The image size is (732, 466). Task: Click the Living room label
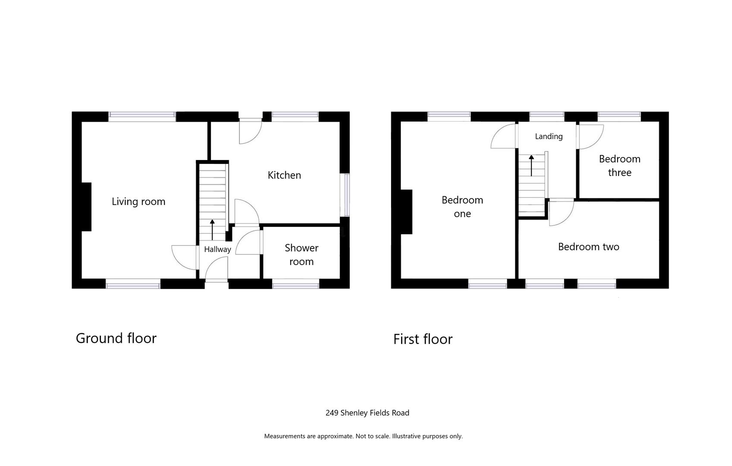click(x=139, y=202)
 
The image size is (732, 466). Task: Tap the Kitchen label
click(x=284, y=175)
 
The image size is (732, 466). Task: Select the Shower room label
click(x=301, y=255)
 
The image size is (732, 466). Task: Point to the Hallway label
click(x=218, y=249)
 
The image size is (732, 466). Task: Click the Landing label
click(x=549, y=136)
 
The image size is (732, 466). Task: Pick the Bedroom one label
click(x=462, y=207)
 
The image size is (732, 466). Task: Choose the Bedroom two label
click(x=589, y=247)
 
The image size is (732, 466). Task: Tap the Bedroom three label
click(x=620, y=166)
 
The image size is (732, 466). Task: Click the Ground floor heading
click(x=116, y=338)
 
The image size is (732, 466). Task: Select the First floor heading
click(x=423, y=339)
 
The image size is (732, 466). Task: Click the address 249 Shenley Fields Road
click(x=367, y=413)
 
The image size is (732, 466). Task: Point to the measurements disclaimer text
click(x=363, y=436)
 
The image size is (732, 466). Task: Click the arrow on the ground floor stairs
click(x=212, y=230)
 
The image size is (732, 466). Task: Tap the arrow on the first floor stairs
click(x=531, y=166)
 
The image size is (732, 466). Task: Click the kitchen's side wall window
click(x=345, y=195)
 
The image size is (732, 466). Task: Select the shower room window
click(x=295, y=283)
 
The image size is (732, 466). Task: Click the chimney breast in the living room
click(x=86, y=207)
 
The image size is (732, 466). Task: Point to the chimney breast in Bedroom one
click(x=406, y=212)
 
